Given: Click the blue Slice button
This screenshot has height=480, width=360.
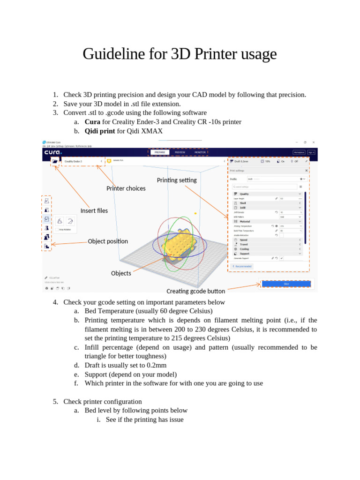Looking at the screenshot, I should [286, 284].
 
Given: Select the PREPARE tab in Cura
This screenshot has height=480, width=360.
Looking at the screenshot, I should [160, 152].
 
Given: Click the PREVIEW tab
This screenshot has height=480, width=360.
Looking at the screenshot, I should [180, 152].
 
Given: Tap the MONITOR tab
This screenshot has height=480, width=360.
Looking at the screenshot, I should [200, 152].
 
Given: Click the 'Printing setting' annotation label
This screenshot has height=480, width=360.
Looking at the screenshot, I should [177, 180].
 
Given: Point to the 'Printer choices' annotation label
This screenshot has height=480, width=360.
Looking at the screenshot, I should [126, 188].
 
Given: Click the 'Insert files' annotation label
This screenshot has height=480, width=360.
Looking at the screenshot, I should [94, 210].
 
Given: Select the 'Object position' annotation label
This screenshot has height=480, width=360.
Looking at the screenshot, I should [108, 241].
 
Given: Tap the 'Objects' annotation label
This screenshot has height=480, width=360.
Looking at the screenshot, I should [121, 273].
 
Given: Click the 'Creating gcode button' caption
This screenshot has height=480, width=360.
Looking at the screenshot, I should [195, 291].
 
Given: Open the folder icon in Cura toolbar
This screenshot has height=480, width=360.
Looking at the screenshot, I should [55, 161].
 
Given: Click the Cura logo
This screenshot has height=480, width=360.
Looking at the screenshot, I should [53, 152].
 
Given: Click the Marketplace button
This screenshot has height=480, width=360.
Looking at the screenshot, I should [299, 152].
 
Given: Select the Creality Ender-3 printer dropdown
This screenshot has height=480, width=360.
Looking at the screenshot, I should [82, 161].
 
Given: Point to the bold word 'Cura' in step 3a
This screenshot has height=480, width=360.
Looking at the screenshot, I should [92, 122].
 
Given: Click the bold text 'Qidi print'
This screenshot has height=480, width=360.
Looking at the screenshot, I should [100, 131].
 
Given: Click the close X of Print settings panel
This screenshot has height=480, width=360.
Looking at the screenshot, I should [307, 171].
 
